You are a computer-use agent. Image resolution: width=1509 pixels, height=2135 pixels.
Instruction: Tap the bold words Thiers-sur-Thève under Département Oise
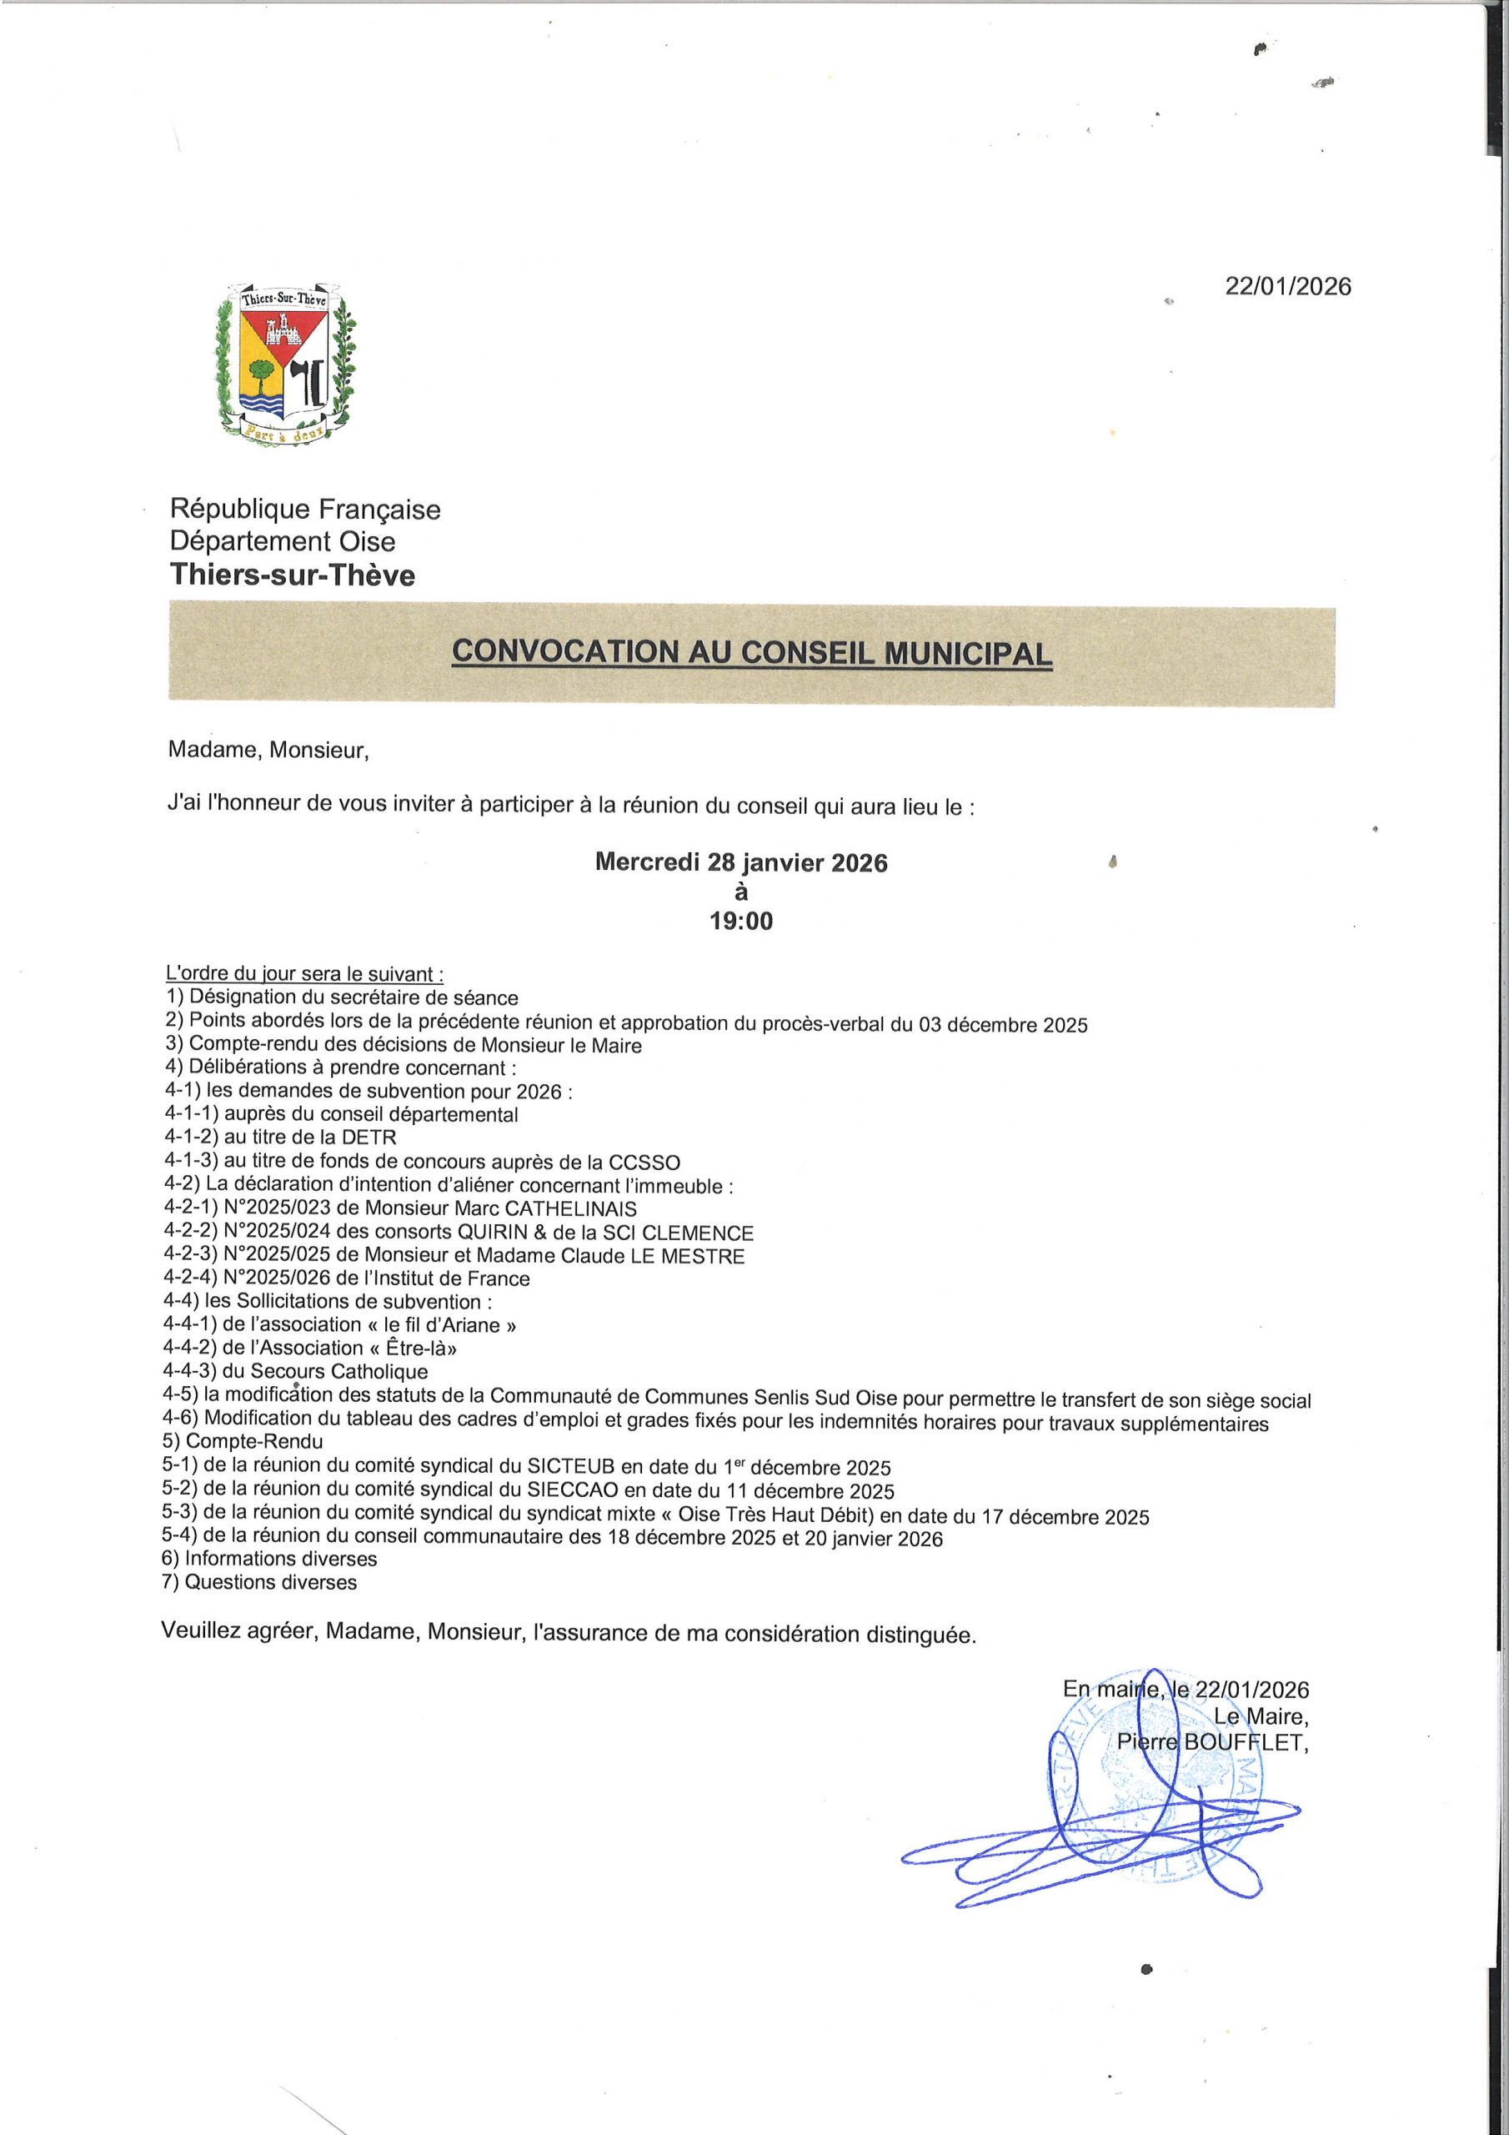293,575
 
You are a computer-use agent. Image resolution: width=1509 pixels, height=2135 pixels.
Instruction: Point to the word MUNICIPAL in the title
968,653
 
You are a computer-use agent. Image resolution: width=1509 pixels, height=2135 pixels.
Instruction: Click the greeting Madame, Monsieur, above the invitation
268,751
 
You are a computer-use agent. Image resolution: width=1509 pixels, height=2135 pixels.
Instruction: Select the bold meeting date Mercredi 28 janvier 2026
741,863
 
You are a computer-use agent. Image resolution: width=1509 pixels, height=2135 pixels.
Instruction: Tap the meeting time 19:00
741,922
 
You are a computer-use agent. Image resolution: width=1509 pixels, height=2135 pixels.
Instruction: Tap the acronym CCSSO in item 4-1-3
644,1163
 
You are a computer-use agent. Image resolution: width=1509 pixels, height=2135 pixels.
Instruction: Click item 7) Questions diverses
260,1583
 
